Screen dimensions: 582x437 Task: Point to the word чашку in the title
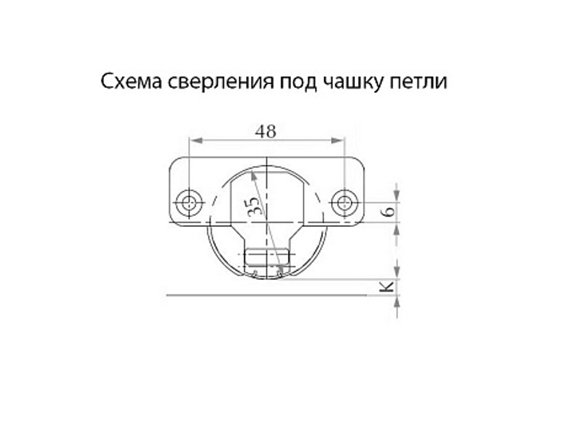click(351, 82)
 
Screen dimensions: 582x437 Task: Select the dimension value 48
click(265, 132)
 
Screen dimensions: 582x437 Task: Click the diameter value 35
click(254, 207)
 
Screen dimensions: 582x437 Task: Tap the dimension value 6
click(390, 211)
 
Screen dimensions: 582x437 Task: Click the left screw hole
click(189, 203)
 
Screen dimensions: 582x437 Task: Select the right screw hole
click(343, 203)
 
